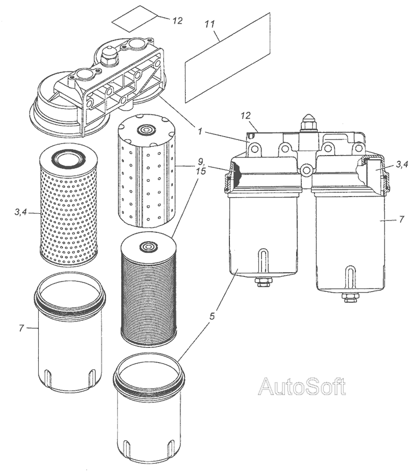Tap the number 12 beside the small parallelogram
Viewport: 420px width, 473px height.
coord(177,20)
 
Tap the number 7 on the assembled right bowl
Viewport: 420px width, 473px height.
coord(402,220)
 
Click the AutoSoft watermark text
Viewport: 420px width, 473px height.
coord(302,387)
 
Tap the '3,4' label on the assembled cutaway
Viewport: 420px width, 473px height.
coord(402,165)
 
